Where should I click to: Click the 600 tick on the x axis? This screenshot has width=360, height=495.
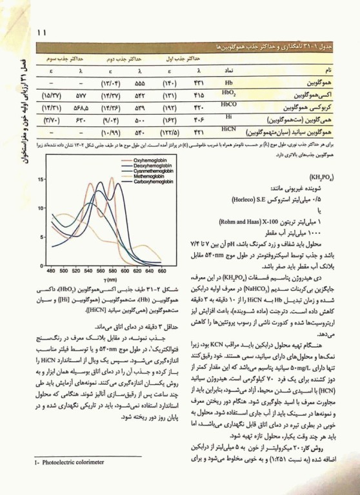point(127,271)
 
